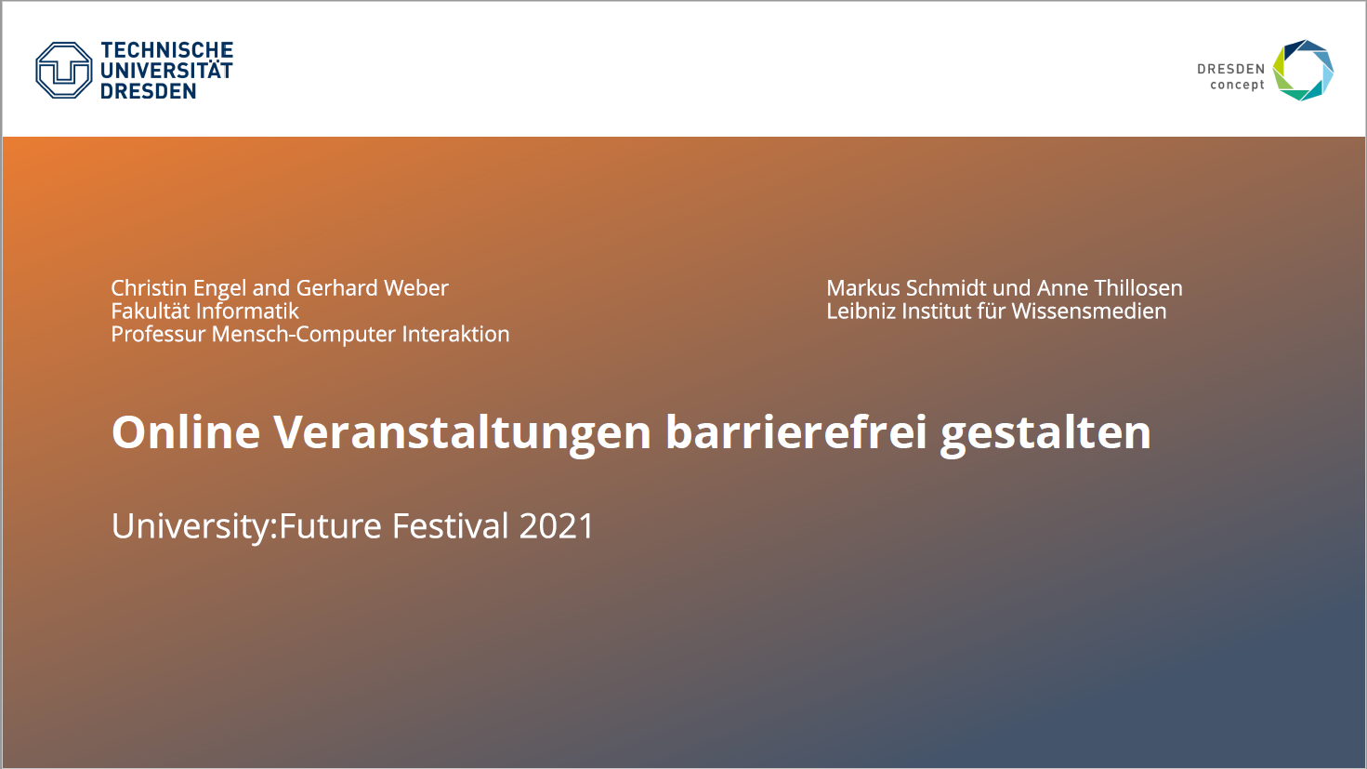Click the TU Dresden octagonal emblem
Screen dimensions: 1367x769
64,71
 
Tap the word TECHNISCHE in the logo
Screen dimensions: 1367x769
166,50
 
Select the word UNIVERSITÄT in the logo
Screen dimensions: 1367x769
166,71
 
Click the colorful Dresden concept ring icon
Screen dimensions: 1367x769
1303,71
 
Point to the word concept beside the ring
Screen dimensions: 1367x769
1237,85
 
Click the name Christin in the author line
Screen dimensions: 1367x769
149,287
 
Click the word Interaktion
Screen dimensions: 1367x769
455,334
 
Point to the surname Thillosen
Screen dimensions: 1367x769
1137,287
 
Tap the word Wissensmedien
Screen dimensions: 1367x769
1089,311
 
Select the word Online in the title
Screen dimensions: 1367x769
186,431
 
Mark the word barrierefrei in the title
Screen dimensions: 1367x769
795,431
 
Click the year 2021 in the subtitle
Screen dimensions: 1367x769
556,526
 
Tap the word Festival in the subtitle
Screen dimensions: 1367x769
450,526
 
